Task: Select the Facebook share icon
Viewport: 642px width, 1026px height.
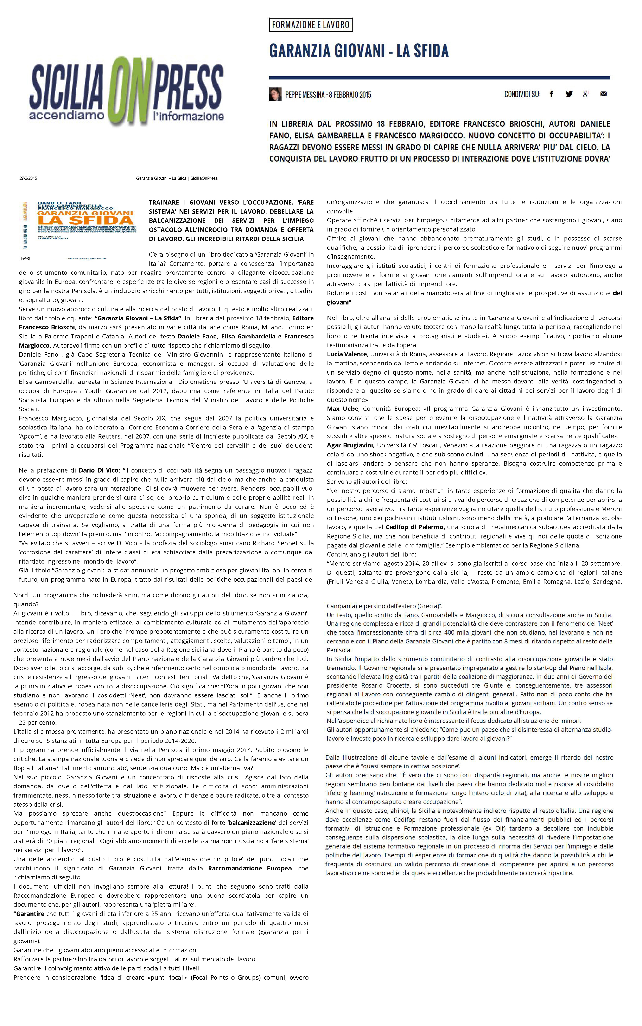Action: pyautogui.click(x=551, y=94)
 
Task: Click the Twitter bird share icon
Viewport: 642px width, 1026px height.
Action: pyautogui.click(x=569, y=94)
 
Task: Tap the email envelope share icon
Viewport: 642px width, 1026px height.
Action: pyautogui.click(x=603, y=94)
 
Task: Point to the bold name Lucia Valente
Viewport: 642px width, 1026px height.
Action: pyautogui.click(x=346, y=354)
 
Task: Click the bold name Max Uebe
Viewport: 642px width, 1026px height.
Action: pyautogui.click(x=343, y=409)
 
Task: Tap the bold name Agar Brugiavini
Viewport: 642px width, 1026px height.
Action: pyautogui.click(x=350, y=445)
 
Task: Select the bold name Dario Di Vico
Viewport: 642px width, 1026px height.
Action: pyautogui.click(x=99, y=470)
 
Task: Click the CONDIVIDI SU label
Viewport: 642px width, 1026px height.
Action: pyautogui.click(x=522, y=94)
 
